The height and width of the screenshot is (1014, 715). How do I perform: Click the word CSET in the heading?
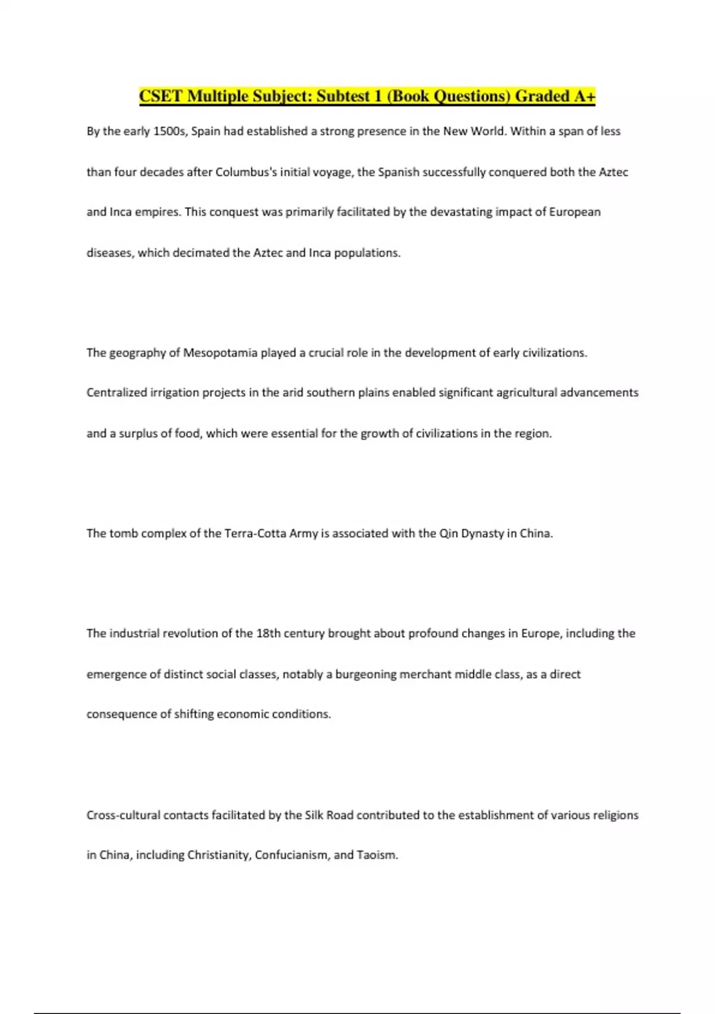coord(161,96)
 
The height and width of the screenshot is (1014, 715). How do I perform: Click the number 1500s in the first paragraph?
coord(170,131)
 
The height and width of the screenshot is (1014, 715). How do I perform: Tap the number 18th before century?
coord(268,633)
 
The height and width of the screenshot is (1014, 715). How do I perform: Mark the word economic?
coord(243,714)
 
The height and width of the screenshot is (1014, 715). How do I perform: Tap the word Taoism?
coord(377,855)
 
